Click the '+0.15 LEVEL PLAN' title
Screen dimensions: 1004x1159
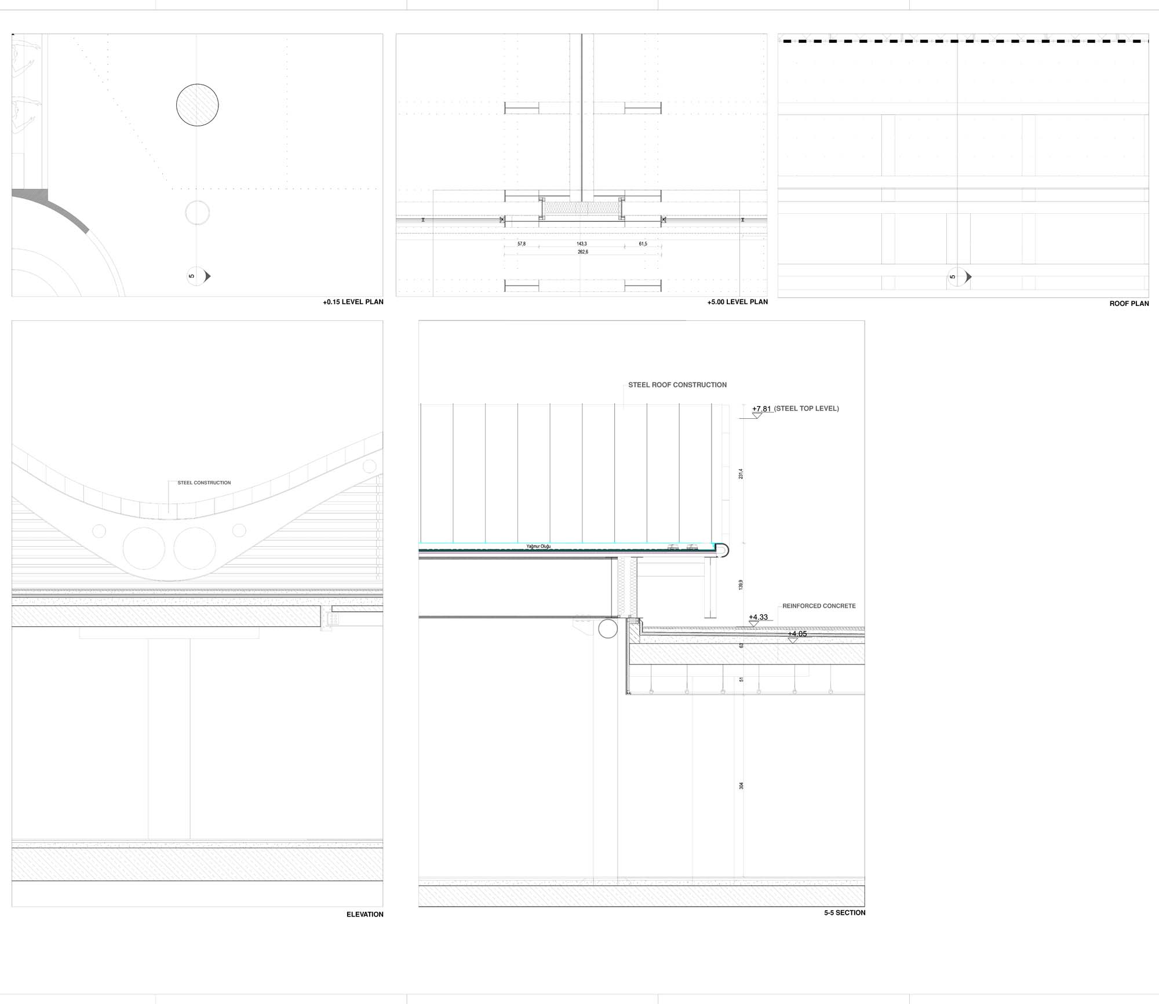pos(353,302)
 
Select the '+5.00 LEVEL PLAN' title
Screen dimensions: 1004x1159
pos(737,302)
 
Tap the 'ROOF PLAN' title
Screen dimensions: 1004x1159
pos(1129,304)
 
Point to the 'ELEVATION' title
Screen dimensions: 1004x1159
pos(365,914)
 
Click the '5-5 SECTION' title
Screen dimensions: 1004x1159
pos(844,912)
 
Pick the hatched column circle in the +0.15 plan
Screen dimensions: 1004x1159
pos(198,105)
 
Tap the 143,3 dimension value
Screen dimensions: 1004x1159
pos(582,244)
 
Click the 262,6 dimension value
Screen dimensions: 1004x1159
pos(583,252)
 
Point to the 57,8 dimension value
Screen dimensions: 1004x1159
pos(522,244)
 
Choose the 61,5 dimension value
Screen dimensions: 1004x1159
pos(643,244)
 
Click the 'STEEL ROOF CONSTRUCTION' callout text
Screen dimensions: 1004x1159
pos(677,385)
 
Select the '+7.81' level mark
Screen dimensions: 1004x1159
pos(761,408)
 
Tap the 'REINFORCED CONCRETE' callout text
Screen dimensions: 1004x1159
pos(819,606)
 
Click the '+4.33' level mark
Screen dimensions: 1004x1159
pos(758,617)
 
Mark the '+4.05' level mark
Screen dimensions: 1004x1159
pos(797,634)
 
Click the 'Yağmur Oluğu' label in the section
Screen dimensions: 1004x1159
pos(538,546)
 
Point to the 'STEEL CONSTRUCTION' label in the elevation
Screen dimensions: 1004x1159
pos(204,483)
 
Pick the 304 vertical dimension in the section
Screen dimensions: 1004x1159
pos(741,786)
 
